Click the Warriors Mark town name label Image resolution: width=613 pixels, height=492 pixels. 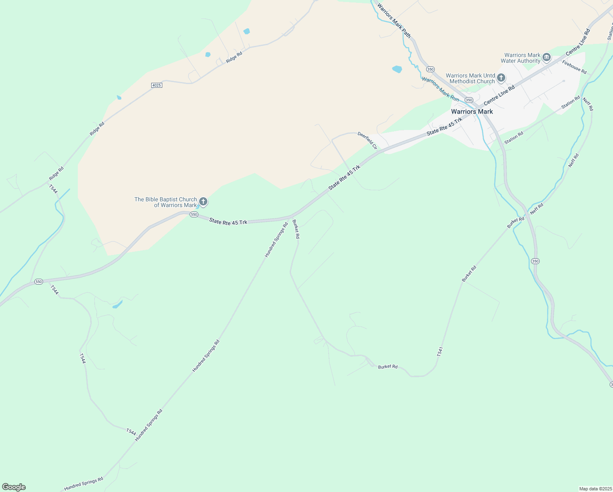tap(472, 112)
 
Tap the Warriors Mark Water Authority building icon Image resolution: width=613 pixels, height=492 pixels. tap(546, 58)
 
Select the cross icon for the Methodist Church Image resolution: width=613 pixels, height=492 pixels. tap(501, 78)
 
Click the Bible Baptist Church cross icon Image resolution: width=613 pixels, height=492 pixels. tap(203, 202)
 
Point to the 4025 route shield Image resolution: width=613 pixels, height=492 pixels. tap(157, 85)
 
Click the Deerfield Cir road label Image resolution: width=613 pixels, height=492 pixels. tap(367, 140)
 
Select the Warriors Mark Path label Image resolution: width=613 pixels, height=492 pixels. tap(394, 20)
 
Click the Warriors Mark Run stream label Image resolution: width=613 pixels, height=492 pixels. tap(440, 89)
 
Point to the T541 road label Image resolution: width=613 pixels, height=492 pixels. tap(440, 351)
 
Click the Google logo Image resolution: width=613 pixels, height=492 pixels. tap(14, 487)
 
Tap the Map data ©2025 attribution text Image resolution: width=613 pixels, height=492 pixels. tap(595, 489)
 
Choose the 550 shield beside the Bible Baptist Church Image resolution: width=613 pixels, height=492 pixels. tap(194, 214)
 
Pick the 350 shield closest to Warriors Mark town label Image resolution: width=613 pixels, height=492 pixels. tap(469, 100)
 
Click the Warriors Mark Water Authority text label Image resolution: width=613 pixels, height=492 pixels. tap(520, 58)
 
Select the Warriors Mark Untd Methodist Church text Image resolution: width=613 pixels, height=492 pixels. tap(470, 78)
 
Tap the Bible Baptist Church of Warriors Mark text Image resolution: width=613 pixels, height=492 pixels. tap(166, 202)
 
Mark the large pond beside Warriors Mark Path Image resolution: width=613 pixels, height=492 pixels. tap(397, 69)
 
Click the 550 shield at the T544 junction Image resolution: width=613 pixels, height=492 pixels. tap(39, 282)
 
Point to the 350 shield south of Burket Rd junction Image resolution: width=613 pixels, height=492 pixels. tap(535, 261)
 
